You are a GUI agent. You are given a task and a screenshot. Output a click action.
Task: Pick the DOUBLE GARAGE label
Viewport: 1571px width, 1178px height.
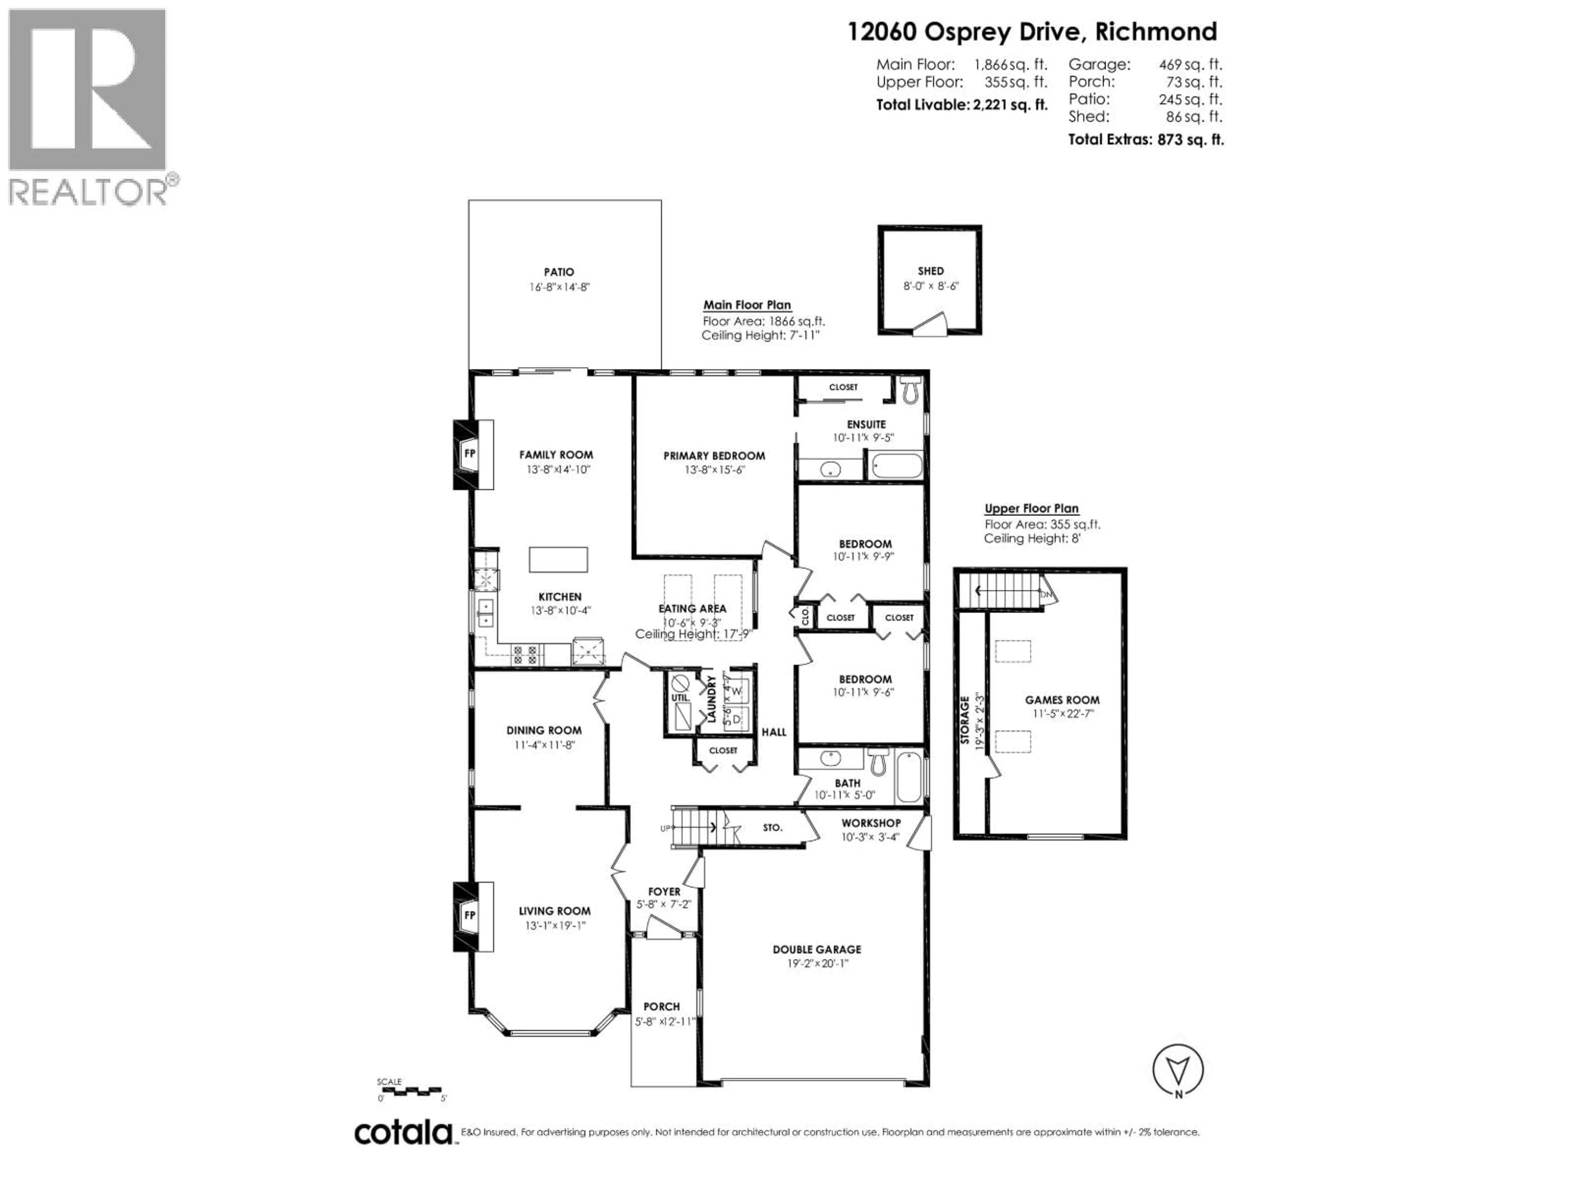coord(817,949)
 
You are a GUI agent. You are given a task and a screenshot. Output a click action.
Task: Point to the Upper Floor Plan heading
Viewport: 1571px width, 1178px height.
coord(1031,508)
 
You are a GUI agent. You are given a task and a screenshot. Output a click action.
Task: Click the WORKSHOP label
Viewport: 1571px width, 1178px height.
coord(871,823)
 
